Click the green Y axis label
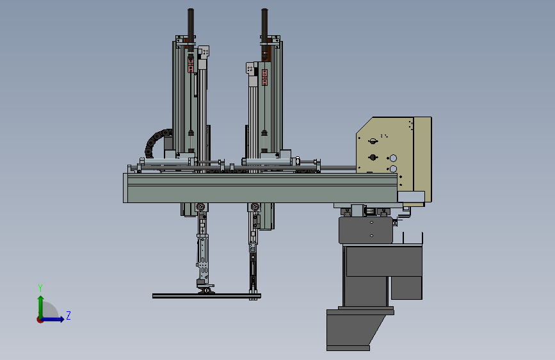click(x=40, y=288)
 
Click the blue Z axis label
click(x=68, y=315)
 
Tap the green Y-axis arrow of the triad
click(x=41, y=307)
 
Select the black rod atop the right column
click(x=264, y=26)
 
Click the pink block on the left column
click(x=191, y=65)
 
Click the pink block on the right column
click(x=264, y=78)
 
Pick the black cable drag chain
click(x=156, y=141)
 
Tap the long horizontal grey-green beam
click(x=260, y=188)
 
